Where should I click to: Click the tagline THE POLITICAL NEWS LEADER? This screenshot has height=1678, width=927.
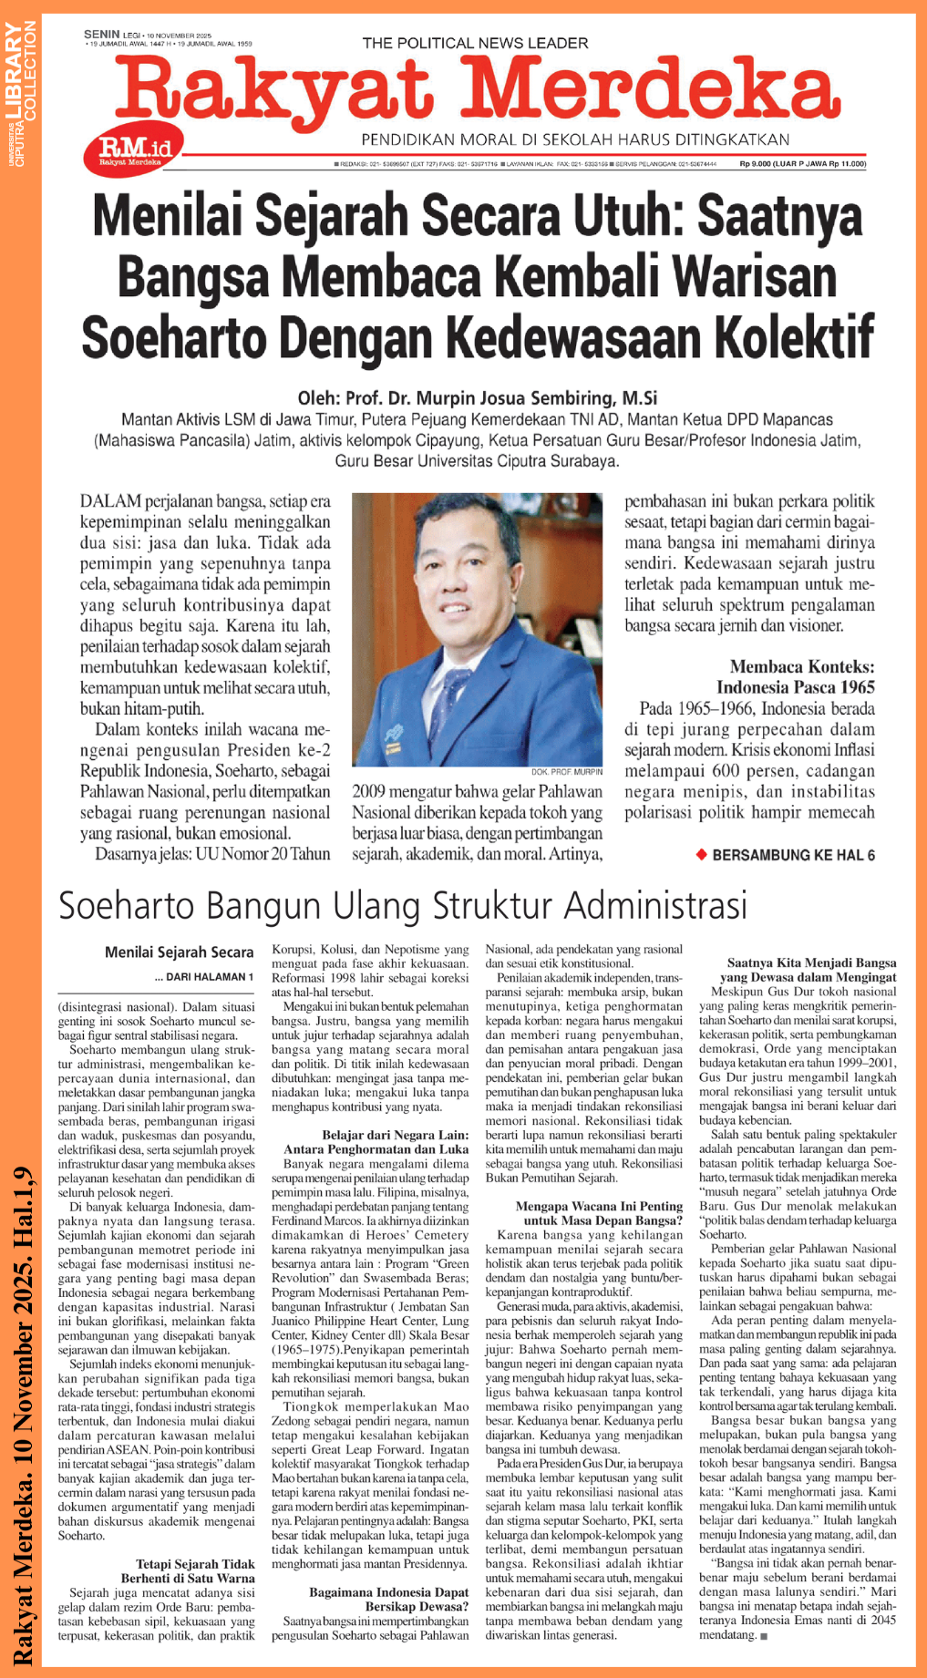point(475,43)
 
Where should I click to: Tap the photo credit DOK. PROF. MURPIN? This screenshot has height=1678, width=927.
point(566,771)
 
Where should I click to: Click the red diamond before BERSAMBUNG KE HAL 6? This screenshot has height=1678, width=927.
point(701,854)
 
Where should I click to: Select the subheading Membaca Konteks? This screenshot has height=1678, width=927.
point(802,666)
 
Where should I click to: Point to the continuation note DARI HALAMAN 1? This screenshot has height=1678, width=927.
point(204,977)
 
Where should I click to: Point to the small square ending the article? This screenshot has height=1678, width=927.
point(763,1636)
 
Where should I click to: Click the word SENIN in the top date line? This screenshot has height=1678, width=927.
point(101,34)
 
